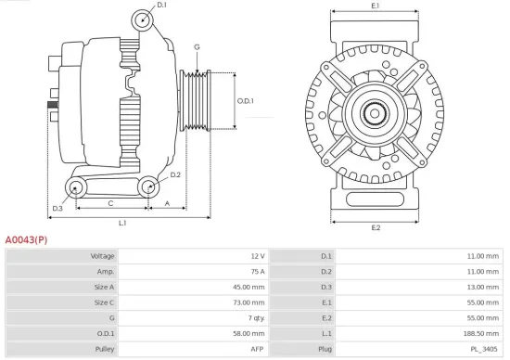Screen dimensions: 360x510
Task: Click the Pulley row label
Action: pyautogui.click(x=104, y=349)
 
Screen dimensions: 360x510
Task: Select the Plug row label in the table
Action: pyautogui.click(x=324, y=349)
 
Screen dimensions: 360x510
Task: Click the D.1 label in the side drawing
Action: pyautogui.click(x=161, y=6)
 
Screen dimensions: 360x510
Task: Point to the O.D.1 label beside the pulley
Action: pyautogui.click(x=245, y=100)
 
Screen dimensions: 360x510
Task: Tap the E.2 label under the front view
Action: pyautogui.click(x=376, y=227)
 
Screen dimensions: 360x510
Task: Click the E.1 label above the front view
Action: pyautogui.click(x=376, y=6)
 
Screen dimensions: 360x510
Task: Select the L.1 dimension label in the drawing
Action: pyautogui.click(x=122, y=223)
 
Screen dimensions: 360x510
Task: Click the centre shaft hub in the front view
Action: pyautogui.click(x=376, y=114)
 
